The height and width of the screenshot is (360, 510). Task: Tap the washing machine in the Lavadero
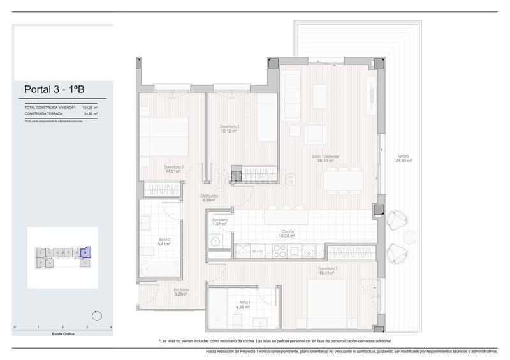tap(215, 242)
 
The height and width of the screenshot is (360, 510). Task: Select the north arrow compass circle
tap(96, 315)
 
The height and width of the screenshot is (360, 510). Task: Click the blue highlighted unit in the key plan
tap(87, 252)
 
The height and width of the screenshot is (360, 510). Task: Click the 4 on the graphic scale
tap(111, 326)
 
